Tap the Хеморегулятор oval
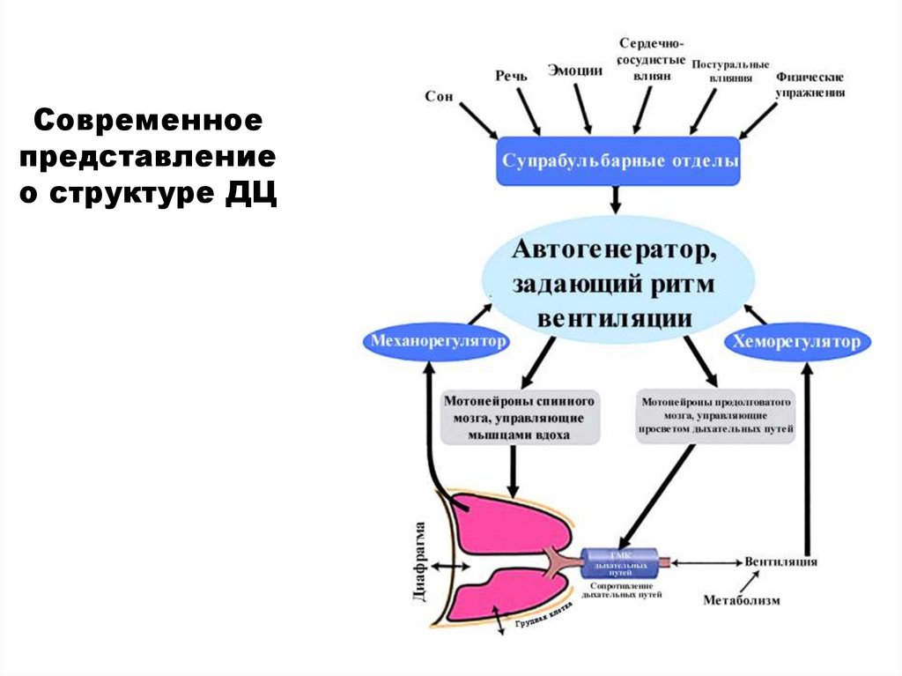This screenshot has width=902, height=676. point(797,342)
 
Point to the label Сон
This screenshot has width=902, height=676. point(439,96)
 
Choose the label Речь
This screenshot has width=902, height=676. point(511,76)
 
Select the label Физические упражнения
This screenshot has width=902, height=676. point(810,85)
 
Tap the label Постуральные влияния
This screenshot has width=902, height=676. point(730,71)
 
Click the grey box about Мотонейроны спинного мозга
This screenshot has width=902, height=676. point(521,417)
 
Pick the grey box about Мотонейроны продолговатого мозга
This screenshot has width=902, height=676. point(716,417)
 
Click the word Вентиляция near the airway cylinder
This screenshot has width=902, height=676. point(780,561)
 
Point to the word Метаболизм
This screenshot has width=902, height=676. point(742,600)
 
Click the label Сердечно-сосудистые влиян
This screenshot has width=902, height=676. point(652,60)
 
